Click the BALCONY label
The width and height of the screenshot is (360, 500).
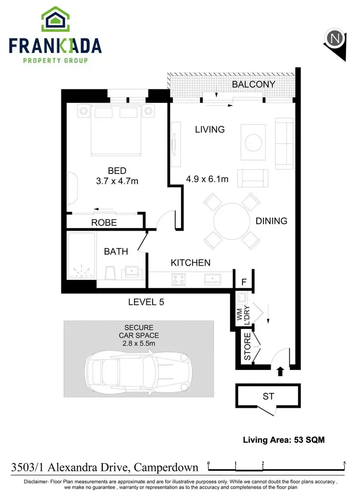click(253, 85)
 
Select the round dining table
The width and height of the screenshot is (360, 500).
click(231, 221)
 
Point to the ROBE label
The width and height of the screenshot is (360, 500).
click(104, 223)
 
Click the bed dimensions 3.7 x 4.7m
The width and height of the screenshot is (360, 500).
click(117, 181)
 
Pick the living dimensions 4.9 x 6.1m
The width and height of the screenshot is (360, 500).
click(207, 180)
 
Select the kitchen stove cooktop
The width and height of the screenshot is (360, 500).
click(179, 279)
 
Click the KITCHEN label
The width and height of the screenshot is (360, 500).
click(191, 263)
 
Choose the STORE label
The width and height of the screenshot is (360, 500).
click(248, 350)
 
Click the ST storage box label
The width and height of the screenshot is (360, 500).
click(268, 396)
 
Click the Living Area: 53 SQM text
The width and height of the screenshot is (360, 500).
click(280, 439)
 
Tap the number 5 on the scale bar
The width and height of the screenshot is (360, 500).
click(345, 463)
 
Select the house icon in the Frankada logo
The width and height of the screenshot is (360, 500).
click(55, 20)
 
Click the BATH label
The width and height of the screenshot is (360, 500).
click(116, 251)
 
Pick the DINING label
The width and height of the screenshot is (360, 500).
click(271, 221)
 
